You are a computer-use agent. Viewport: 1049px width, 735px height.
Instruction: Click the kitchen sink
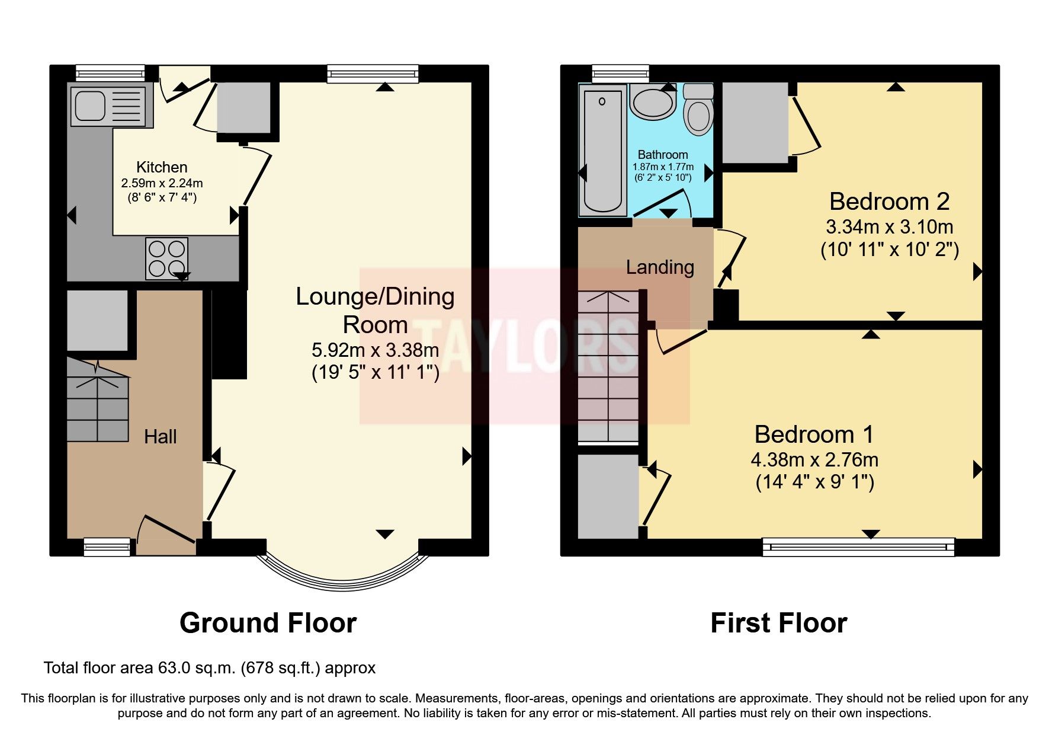click(x=108, y=107)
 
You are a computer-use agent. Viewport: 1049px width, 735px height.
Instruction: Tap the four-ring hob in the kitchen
click(x=166, y=258)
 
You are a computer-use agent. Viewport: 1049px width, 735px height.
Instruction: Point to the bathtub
click(x=602, y=151)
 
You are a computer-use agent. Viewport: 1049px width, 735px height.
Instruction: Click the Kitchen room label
click(x=162, y=167)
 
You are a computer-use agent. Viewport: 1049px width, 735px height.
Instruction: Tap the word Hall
click(x=161, y=437)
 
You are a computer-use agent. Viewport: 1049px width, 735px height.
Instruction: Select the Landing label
click(x=660, y=267)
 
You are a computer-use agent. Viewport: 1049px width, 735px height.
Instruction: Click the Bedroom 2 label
click(x=889, y=202)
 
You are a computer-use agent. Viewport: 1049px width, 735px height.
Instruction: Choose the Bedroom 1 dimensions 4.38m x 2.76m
click(x=814, y=459)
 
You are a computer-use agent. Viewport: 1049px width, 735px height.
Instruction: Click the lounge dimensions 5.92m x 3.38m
click(x=375, y=350)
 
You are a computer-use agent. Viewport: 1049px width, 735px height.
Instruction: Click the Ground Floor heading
click(x=268, y=623)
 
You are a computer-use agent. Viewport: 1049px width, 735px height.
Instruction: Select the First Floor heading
click(x=778, y=623)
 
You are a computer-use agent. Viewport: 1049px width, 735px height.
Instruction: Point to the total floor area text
click(x=210, y=668)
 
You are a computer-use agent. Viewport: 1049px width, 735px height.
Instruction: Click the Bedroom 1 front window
click(x=858, y=546)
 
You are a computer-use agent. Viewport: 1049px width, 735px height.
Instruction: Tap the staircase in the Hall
click(x=97, y=400)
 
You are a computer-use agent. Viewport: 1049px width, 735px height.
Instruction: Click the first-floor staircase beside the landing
click(x=608, y=367)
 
